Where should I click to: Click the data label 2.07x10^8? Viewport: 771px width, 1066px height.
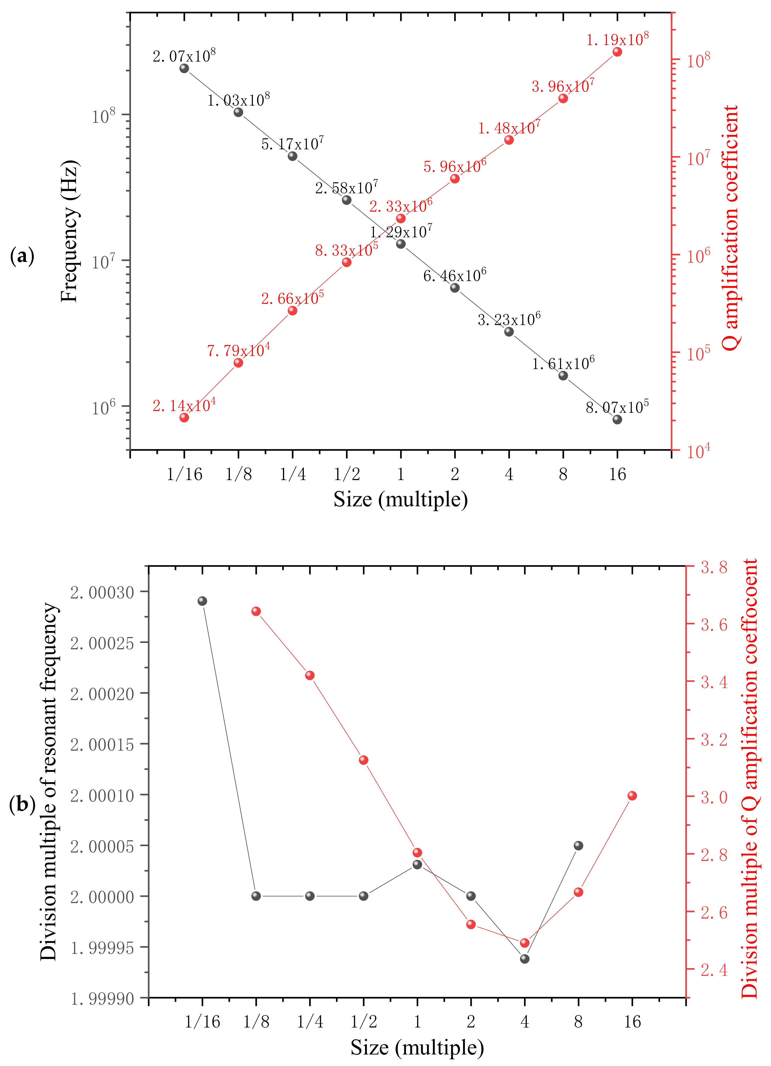click(184, 56)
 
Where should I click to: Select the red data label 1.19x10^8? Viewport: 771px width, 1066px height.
click(617, 39)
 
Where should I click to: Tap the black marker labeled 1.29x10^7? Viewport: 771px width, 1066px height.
click(401, 244)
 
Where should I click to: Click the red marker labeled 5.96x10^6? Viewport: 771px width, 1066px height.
click(455, 179)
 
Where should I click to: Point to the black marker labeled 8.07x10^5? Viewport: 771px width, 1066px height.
click(617, 419)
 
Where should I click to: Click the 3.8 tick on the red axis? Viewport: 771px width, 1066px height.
click(714, 567)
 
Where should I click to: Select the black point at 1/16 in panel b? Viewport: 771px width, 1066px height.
click(202, 601)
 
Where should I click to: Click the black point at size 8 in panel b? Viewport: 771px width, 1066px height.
click(579, 845)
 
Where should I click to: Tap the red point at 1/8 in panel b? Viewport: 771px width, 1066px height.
click(256, 611)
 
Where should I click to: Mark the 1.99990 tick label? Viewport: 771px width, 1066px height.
click(102, 999)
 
